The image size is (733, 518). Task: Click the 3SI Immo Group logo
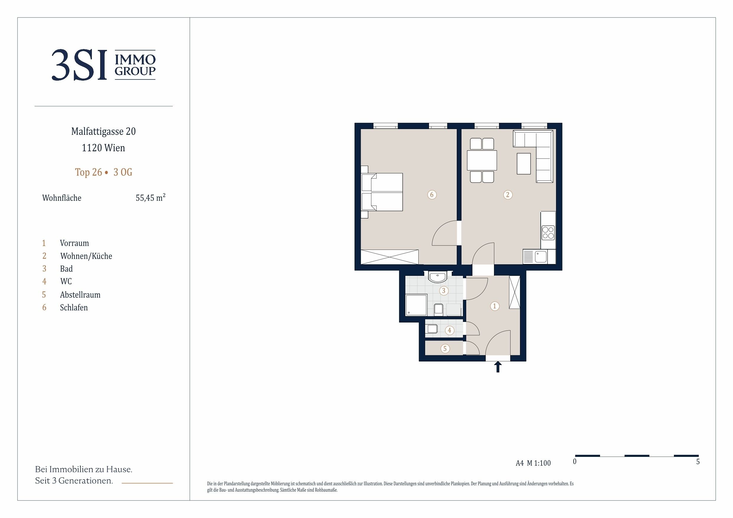point(103,65)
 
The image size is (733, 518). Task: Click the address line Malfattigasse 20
point(103,131)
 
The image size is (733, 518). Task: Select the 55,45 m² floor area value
point(150,198)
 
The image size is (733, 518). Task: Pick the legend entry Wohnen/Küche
point(86,256)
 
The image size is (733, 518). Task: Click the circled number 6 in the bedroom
point(432,195)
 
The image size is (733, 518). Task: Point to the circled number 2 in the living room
point(508,195)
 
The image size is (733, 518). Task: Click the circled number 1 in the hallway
point(495,306)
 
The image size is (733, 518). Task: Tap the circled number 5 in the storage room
point(445,348)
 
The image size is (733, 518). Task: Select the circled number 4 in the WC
point(449,330)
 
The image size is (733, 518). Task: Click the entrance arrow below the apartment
point(498,367)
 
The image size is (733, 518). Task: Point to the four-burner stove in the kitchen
point(548,233)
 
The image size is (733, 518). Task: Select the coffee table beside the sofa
point(524,164)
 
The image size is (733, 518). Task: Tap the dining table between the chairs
point(482,160)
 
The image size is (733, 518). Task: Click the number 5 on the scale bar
point(698,462)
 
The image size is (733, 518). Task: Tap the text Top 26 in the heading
point(88,172)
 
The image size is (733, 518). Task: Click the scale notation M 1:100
point(539,463)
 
